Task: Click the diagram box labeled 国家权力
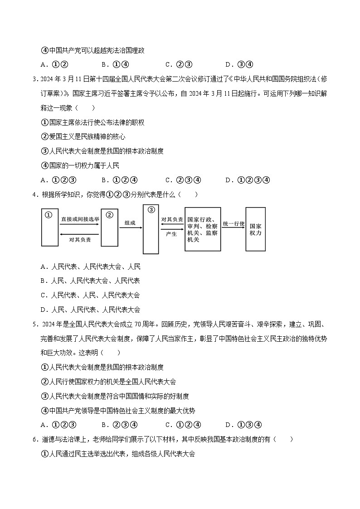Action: (x=255, y=229)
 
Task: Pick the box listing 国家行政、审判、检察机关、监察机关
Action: (x=203, y=229)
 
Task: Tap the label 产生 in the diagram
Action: (x=171, y=234)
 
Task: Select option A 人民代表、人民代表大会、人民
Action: (x=90, y=267)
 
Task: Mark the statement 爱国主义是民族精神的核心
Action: (x=83, y=136)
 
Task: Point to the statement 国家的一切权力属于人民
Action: (x=80, y=165)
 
